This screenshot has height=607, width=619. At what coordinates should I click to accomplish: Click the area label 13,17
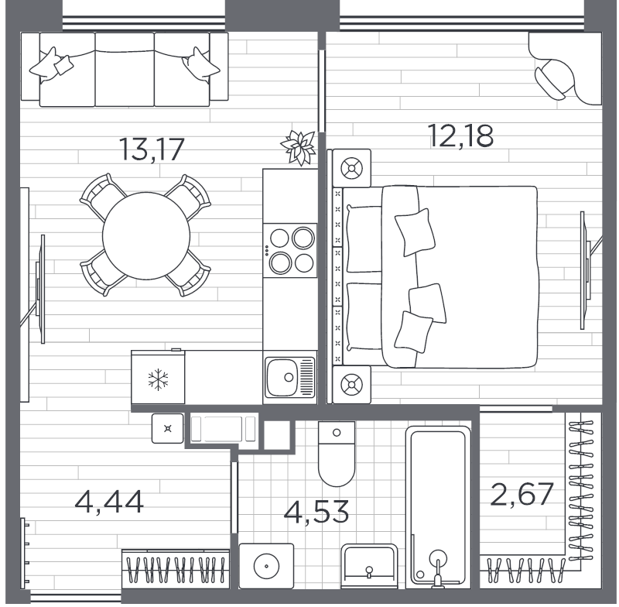(152, 149)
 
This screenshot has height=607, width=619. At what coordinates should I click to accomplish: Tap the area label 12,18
(460, 135)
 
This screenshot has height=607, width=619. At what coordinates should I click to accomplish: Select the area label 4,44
(109, 502)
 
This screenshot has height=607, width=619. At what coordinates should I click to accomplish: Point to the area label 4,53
(316, 512)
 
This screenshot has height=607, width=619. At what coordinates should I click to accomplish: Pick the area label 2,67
(522, 494)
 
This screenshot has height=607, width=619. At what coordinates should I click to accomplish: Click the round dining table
(145, 236)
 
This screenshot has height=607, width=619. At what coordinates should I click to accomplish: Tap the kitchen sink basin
(282, 377)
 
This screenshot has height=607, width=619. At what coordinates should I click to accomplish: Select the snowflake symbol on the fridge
(159, 379)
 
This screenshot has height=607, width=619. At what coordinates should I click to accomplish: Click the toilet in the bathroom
(337, 454)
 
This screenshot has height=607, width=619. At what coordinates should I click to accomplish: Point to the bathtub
(438, 507)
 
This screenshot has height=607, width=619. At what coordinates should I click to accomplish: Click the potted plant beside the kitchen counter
(299, 147)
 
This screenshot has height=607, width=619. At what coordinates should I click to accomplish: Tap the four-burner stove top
(290, 250)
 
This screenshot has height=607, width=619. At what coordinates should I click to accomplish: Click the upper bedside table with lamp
(352, 168)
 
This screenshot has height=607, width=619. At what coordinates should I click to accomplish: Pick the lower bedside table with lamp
(352, 385)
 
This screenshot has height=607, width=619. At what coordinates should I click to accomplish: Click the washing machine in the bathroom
(266, 566)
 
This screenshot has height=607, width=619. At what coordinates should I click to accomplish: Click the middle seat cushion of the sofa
(125, 70)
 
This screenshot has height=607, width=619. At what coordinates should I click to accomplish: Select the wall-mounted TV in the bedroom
(583, 270)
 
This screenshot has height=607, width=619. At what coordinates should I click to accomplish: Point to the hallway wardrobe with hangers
(176, 570)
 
